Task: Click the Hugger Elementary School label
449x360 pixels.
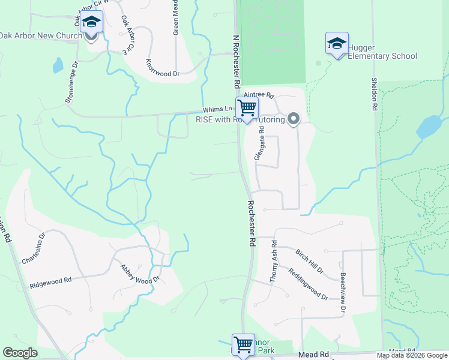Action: tap(383, 56)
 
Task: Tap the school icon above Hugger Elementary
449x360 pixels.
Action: tap(337, 44)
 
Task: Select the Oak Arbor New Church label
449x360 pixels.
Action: tap(41, 36)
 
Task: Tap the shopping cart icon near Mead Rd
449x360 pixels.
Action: tap(244, 346)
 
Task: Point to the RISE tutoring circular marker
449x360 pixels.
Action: tap(294, 119)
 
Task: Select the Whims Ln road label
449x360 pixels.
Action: tap(217, 109)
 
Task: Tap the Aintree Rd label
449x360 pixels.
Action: tap(259, 95)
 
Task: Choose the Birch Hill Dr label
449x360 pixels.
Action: tap(309, 262)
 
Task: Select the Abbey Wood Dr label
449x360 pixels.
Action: tap(140, 274)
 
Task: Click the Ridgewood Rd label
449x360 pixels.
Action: tap(51, 280)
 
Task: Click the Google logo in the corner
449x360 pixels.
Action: tap(20, 353)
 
